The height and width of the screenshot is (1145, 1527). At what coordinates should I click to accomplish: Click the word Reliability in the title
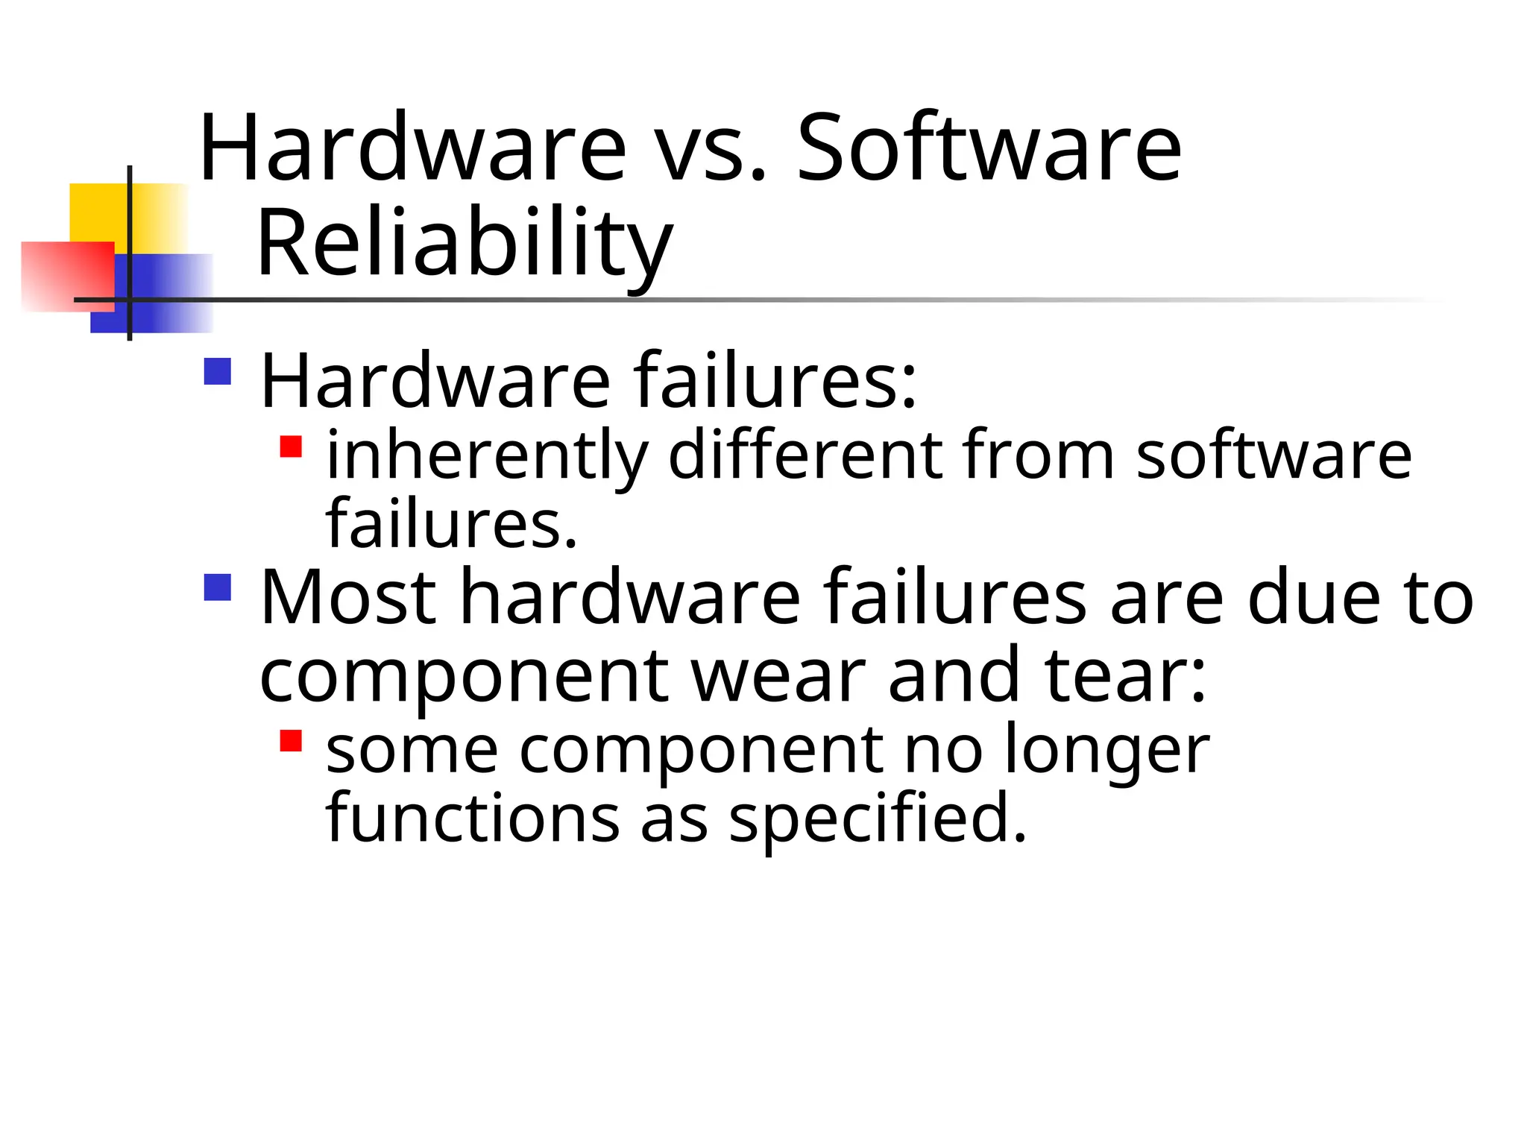point(465,245)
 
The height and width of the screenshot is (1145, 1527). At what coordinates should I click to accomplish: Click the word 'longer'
point(1106,751)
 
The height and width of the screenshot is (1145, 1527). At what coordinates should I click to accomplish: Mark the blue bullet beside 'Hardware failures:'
point(218,371)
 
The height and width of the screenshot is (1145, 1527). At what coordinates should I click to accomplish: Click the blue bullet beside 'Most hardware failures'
point(218,587)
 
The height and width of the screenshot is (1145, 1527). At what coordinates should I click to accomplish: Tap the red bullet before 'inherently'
point(291,447)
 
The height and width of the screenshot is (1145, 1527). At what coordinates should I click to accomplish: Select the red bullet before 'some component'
point(291,740)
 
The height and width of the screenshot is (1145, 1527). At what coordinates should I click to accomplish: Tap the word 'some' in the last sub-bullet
point(412,751)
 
